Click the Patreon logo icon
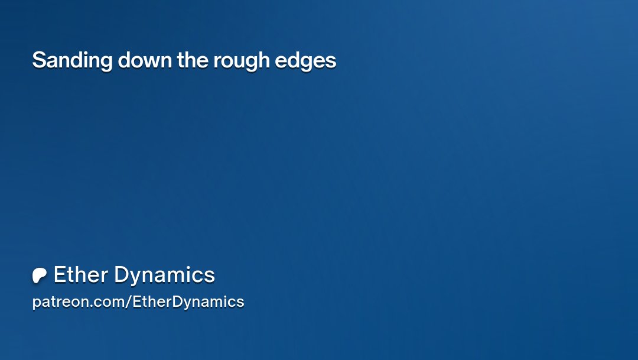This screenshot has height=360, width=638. [x=40, y=275]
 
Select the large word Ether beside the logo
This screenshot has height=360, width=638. [x=80, y=275]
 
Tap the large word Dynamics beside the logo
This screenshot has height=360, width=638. [x=164, y=275]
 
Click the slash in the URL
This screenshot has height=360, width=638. [x=129, y=302]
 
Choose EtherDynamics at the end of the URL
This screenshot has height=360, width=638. [x=188, y=302]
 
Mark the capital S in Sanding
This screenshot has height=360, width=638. [x=38, y=60]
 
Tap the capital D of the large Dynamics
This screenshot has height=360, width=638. [x=121, y=275]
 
